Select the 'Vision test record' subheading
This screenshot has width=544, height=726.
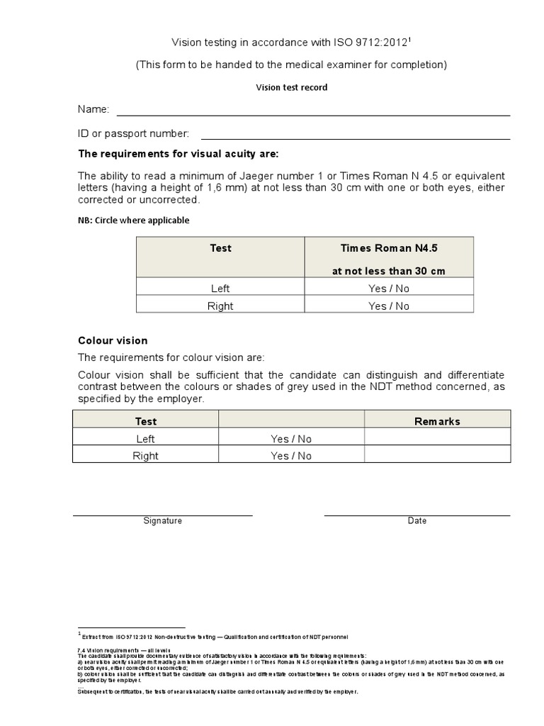point(291,87)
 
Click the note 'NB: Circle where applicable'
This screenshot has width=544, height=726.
point(133,220)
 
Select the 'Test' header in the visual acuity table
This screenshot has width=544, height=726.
point(220,248)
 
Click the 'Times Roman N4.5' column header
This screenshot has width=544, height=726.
point(389,248)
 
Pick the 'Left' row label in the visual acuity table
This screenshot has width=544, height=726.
point(220,289)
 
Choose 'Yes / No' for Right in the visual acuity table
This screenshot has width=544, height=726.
point(389,306)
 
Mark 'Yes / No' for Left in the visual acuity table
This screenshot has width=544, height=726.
point(389,289)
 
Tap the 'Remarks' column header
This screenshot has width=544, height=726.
point(437,421)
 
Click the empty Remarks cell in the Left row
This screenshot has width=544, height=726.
point(437,439)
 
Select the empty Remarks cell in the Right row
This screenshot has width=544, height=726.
point(437,456)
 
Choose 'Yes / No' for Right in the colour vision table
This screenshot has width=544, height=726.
point(291,456)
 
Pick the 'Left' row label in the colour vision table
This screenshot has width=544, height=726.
point(145,439)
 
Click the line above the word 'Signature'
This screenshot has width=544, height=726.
point(163,515)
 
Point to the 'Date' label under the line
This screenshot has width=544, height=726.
point(417,520)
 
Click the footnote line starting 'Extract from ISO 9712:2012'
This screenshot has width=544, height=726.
point(215,637)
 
